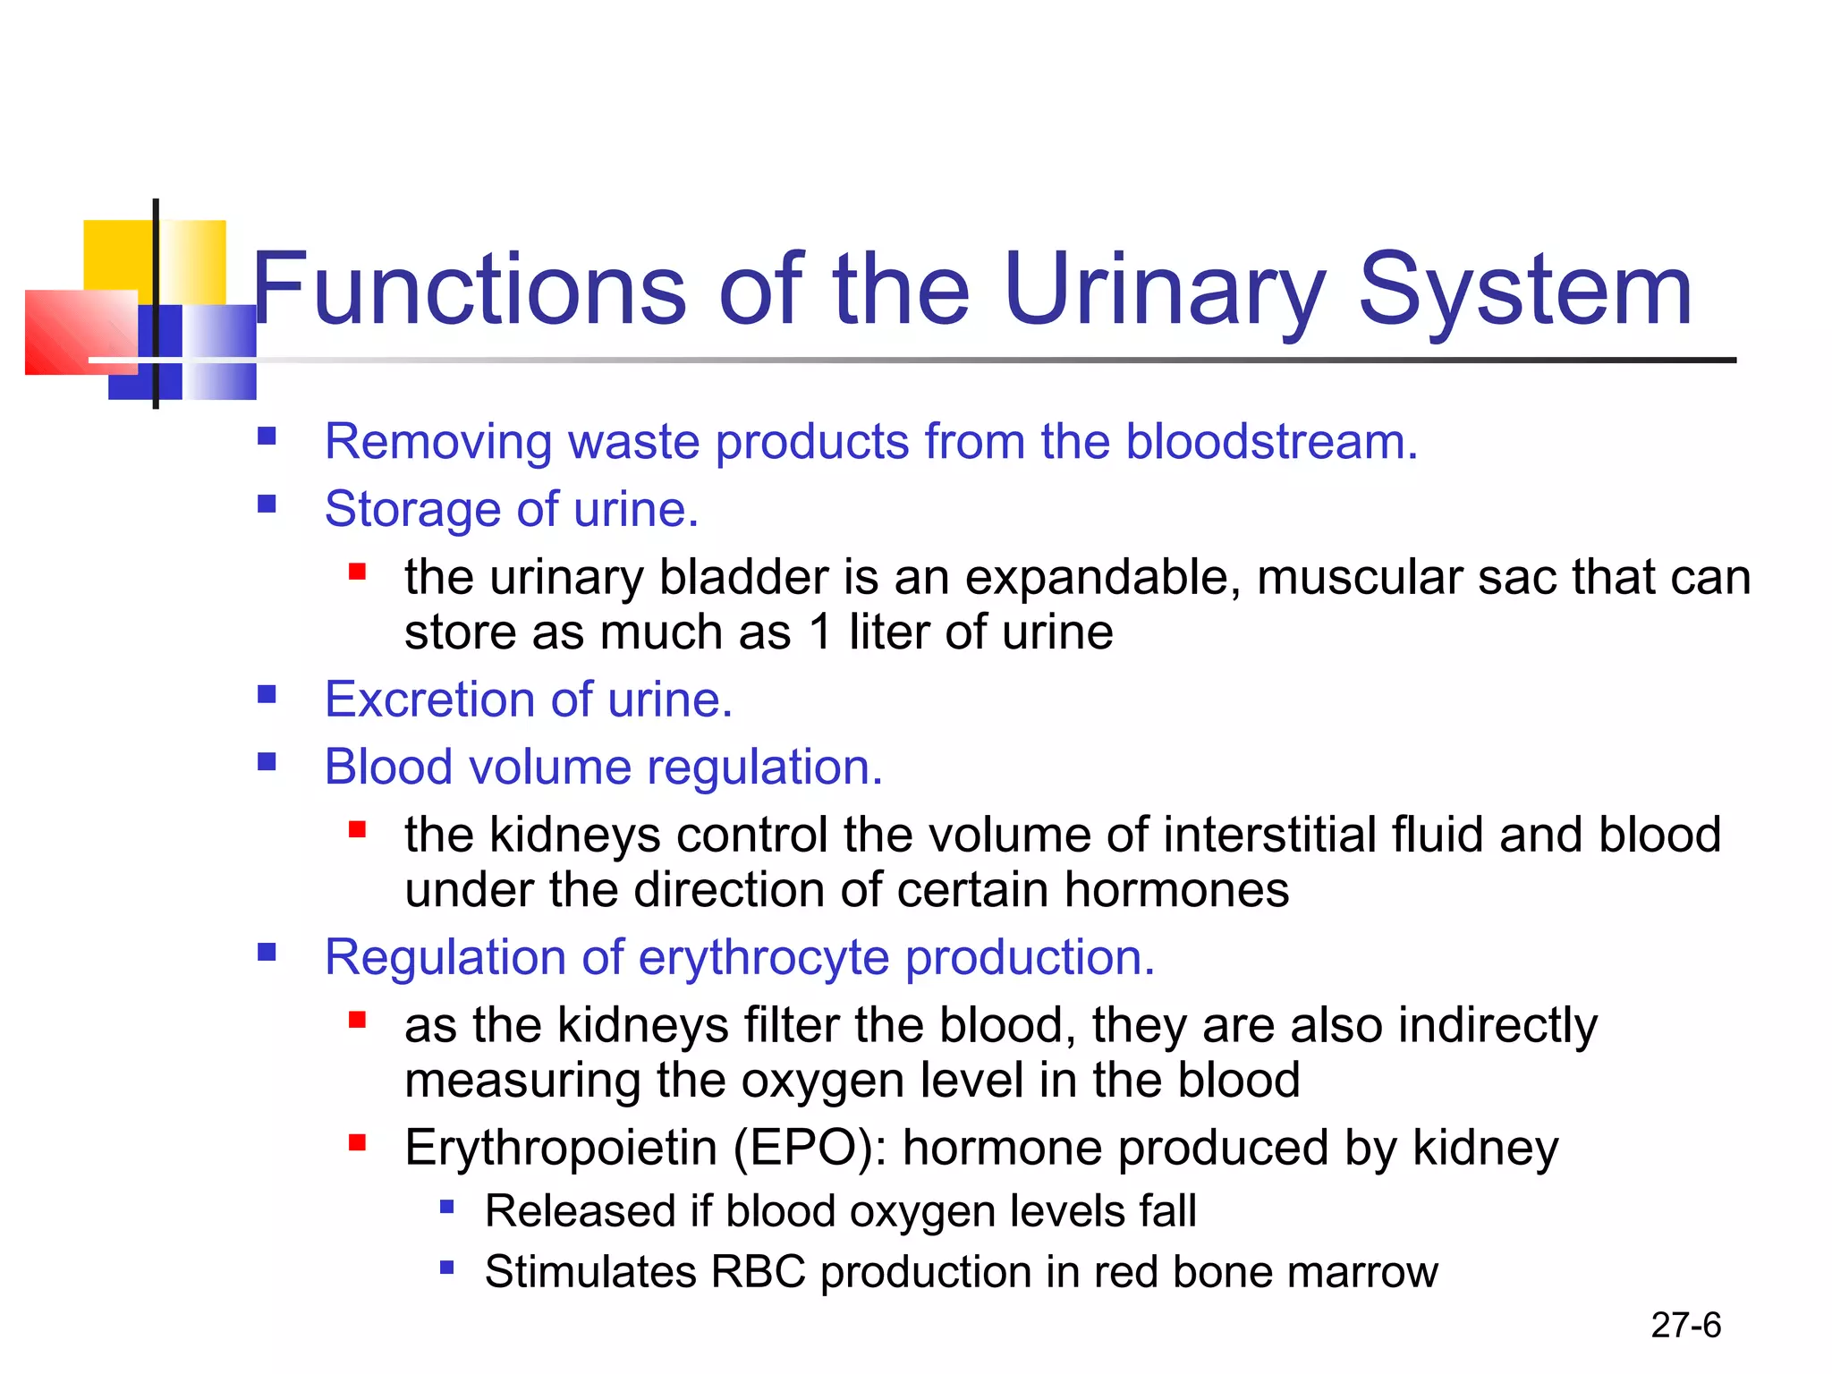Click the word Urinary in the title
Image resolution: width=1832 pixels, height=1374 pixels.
pyautogui.click(x=1163, y=291)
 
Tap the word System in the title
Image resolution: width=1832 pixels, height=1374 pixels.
pyautogui.click(x=1525, y=291)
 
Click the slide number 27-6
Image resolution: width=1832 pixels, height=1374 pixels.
pyautogui.click(x=1685, y=1325)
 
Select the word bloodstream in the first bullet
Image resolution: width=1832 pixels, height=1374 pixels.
pyautogui.click(x=1270, y=442)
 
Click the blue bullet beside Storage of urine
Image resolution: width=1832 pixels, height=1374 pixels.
pyautogui.click(x=267, y=504)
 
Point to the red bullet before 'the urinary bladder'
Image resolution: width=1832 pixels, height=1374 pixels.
pyautogui.click(x=358, y=572)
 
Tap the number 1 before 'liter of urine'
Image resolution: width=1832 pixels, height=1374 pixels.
pyautogui.click(x=820, y=632)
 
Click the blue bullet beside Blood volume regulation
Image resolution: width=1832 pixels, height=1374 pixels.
pyautogui.click(x=267, y=762)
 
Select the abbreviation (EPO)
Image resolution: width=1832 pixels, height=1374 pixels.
pyautogui.click(x=810, y=1148)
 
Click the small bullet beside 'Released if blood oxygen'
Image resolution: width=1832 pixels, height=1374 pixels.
pyautogui.click(x=447, y=1208)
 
